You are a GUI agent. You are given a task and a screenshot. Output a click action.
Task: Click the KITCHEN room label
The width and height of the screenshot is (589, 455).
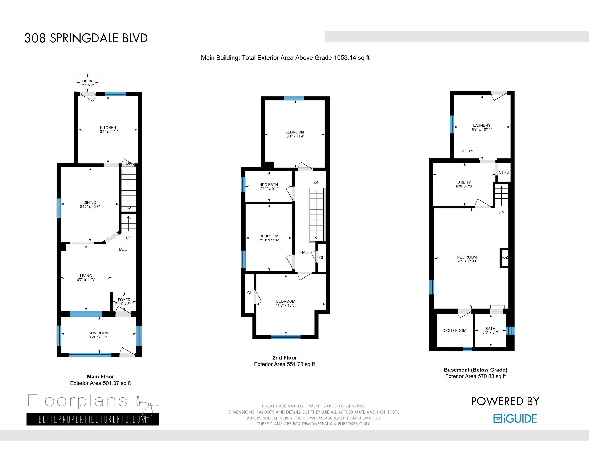click(108, 127)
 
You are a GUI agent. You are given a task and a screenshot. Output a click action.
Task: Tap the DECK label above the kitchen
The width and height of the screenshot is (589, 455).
click(87, 81)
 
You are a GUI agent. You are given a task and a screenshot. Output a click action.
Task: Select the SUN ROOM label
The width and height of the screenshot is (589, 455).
click(99, 333)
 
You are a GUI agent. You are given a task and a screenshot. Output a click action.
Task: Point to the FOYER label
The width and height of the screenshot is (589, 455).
click(124, 300)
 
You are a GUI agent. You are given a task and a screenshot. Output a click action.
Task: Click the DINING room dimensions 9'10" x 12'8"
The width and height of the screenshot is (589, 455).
click(90, 207)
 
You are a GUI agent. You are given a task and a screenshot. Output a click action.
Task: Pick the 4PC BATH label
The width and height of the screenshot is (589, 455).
click(269, 185)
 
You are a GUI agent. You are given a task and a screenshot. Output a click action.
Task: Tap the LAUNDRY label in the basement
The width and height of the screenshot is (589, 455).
click(482, 125)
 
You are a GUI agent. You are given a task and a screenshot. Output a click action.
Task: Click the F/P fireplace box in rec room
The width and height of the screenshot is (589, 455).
click(505, 258)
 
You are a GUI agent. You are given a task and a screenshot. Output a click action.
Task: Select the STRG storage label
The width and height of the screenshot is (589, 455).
click(504, 172)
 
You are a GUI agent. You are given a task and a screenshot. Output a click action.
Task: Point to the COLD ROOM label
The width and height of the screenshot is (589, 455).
click(455, 330)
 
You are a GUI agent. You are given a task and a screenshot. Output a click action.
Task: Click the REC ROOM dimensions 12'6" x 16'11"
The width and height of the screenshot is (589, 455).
click(466, 261)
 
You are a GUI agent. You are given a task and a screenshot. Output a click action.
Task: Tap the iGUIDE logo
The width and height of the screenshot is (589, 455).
click(515, 418)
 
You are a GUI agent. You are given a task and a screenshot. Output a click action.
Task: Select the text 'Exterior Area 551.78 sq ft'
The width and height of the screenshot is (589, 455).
click(285, 364)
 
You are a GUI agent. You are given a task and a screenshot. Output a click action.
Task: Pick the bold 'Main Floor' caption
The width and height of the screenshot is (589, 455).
click(100, 377)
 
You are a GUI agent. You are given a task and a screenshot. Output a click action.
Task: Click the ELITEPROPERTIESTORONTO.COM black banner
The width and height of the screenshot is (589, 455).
click(93, 419)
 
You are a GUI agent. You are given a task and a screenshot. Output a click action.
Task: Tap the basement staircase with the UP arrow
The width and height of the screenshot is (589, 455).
click(501, 196)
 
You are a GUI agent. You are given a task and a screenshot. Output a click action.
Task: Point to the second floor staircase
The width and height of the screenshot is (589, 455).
click(317, 215)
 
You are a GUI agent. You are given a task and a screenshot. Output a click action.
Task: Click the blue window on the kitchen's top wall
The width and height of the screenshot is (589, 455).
click(115, 94)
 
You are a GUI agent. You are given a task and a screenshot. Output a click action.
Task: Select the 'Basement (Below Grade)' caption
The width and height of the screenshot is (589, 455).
click(475, 370)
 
